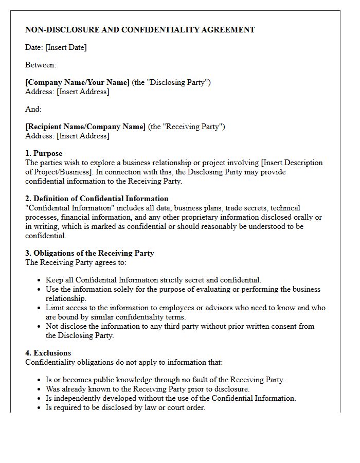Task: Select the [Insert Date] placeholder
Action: [66, 47]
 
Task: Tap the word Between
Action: [40, 65]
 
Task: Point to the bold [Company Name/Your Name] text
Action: [77, 82]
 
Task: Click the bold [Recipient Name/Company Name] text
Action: [85, 127]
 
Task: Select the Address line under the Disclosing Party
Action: [67, 92]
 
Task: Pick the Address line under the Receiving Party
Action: [67, 136]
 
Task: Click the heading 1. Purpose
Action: [44, 153]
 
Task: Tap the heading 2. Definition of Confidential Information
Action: [97, 199]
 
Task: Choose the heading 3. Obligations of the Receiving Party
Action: [89, 253]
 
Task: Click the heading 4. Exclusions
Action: [48, 353]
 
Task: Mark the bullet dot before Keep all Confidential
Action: [40, 280]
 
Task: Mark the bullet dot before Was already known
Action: [40, 389]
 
